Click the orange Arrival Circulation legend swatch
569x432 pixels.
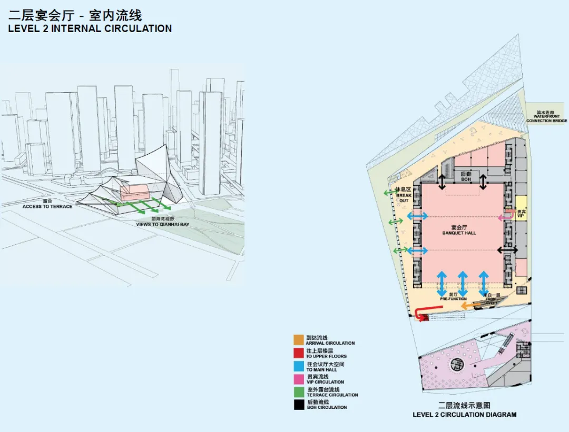point(298,339)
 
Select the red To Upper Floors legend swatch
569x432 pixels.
point(298,353)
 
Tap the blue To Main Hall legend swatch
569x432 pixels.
point(298,366)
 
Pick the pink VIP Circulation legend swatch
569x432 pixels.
point(298,378)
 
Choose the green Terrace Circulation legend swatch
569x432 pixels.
point(298,391)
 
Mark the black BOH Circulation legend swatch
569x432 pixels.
point(298,404)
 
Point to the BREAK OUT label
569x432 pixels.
point(404,197)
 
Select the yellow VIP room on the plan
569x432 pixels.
point(521,208)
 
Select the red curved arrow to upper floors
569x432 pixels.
point(421,315)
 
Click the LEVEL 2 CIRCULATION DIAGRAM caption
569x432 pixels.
point(464,415)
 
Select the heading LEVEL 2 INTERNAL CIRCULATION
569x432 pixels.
point(90,28)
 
